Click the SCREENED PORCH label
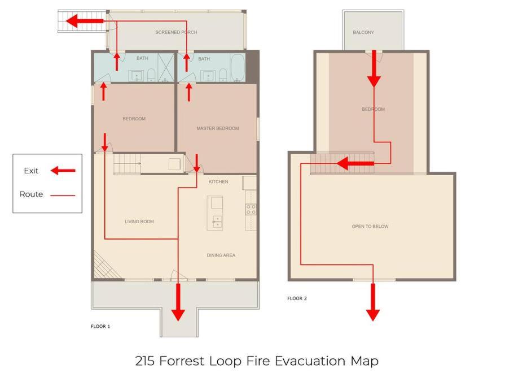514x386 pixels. click(x=176, y=32)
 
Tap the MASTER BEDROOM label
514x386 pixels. click(x=218, y=128)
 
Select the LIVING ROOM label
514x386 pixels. click(x=139, y=222)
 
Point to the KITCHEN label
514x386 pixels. click(x=218, y=181)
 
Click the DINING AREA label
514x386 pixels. click(x=221, y=255)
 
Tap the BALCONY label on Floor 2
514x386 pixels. click(x=363, y=32)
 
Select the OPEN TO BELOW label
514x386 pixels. click(x=370, y=227)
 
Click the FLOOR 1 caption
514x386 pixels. click(x=100, y=326)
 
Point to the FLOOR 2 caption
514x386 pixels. click(x=297, y=298)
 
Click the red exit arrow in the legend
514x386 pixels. click(x=63, y=170)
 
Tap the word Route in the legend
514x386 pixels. click(x=31, y=194)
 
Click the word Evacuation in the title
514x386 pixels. click(x=310, y=361)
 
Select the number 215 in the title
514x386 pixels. click(x=144, y=361)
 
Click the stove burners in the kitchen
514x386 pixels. click(x=251, y=210)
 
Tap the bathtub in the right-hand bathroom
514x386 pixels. click(x=238, y=67)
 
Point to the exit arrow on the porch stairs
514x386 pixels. click(x=85, y=21)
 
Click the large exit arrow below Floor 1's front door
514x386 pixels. click(x=178, y=302)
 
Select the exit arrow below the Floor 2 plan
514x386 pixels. click(x=373, y=302)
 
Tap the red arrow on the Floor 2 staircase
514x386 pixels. click(x=355, y=163)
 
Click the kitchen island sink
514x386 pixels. click(x=217, y=222)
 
